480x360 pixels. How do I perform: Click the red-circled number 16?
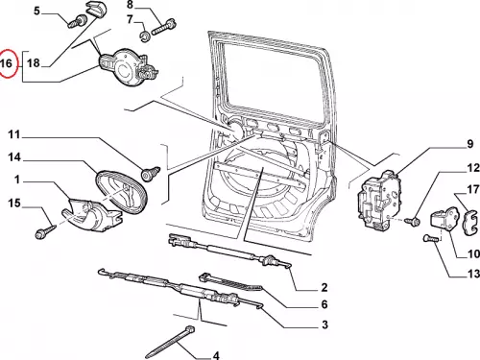pyautogui.click(x=7, y=63)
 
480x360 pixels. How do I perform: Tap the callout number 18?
pyautogui.click(x=34, y=63)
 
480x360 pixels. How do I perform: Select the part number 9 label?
pyautogui.click(x=469, y=144)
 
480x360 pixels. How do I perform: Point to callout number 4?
pyautogui.click(x=216, y=355)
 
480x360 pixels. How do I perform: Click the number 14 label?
pyautogui.click(x=14, y=157)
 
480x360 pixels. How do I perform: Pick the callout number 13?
pyautogui.click(x=473, y=274)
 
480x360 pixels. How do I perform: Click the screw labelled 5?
pyautogui.click(x=78, y=22)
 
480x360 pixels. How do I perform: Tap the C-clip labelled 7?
pyautogui.click(x=145, y=36)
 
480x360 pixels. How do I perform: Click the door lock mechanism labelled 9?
pyautogui.click(x=379, y=199)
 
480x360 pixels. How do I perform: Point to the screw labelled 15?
pyautogui.click(x=46, y=231)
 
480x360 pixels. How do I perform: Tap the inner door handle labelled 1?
pyautogui.click(x=93, y=215)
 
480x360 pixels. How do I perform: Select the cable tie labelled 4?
pyautogui.click(x=170, y=342)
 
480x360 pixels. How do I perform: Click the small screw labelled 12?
pyautogui.click(x=413, y=221)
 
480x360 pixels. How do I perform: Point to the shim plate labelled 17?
pyautogui.click(x=471, y=222)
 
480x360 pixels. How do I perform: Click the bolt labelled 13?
pyautogui.click(x=430, y=239)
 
